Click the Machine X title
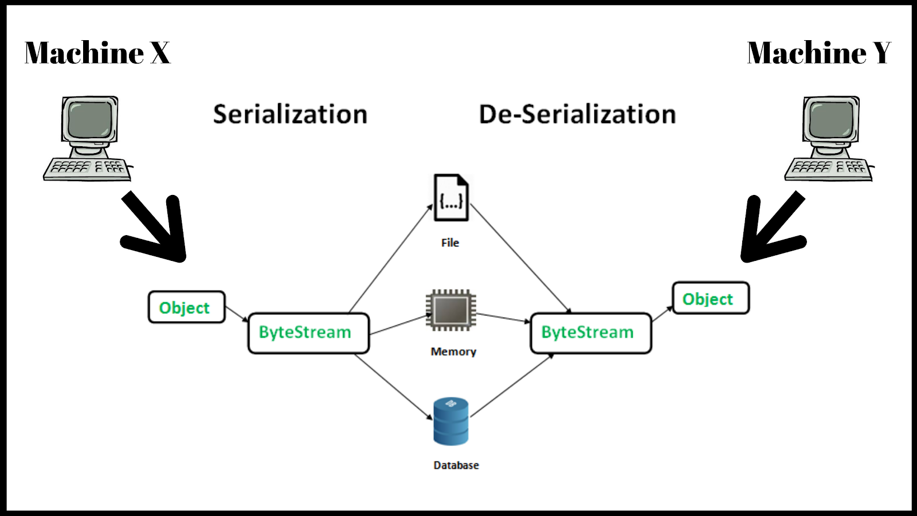coord(97,53)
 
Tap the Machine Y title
coord(819,53)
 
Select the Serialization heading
coord(290,114)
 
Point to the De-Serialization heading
coord(577,114)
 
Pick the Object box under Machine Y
coord(710,298)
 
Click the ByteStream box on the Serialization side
coord(308,333)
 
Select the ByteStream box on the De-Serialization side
coord(591,333)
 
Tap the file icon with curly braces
coord(451,198)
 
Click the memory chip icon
coord(451,310)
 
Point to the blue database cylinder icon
coord(450,421)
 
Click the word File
coord(450,243)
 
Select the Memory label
coord(453,351)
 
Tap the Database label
coord(456,465)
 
